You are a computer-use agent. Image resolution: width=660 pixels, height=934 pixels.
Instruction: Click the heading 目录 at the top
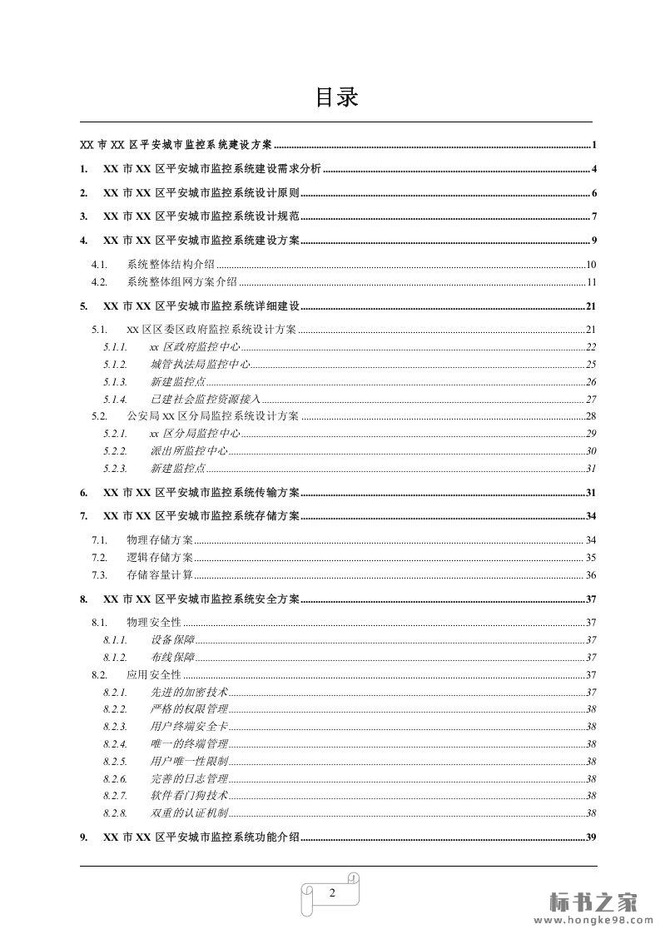(336, 97)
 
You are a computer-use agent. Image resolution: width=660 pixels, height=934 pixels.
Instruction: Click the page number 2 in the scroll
(332, 893)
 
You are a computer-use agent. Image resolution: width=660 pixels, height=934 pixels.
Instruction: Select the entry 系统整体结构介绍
(171, 265)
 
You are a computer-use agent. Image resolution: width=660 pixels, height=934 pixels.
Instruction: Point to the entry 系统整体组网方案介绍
(182, 282)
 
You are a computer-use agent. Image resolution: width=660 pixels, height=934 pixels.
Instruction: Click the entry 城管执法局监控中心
(200, 365)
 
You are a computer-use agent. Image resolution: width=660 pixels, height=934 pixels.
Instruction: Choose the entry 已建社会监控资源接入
(206, 400)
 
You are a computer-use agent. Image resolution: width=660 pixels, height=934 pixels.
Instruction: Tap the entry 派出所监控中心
(189, 451)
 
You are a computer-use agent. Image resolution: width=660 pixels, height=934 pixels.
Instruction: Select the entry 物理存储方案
(159, 540)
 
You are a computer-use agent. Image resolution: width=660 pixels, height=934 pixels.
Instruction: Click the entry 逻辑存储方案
(159, 558)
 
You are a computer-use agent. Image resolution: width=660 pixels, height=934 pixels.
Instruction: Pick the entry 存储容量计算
(159, 575)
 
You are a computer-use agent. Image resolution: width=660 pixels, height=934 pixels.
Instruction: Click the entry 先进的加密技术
(189, 692)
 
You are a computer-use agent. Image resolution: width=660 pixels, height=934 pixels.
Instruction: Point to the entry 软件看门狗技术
(189, 796)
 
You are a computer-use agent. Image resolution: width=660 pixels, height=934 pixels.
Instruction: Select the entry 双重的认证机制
(189, 813)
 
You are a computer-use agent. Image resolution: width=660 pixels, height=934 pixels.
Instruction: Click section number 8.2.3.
(116, 727)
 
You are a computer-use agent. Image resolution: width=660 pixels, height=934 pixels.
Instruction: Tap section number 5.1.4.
(116, 400)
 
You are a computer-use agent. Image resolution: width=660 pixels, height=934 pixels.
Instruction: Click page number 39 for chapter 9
(592, 837)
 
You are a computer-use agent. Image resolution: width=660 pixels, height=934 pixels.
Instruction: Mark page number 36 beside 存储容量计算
(591, 575)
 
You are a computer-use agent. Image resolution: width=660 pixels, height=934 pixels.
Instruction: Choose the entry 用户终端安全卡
(189, 727)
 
